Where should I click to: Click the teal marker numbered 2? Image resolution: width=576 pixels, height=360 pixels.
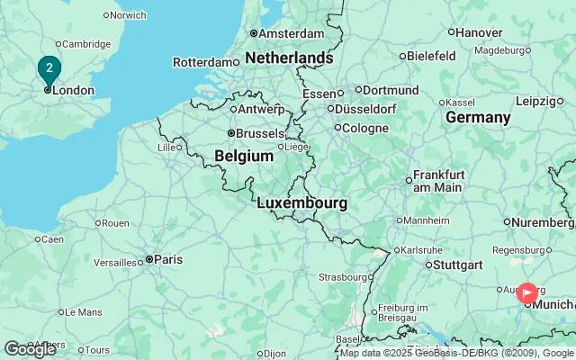coord(49,68)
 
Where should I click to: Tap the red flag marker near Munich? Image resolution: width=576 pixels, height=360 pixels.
coord(527,292)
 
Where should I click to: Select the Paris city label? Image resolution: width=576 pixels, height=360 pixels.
coord(167,259)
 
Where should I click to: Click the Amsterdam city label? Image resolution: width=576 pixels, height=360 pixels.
coord(292,33)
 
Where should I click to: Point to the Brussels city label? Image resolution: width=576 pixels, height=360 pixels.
coord(259,133)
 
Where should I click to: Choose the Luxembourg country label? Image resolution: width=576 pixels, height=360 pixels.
coord(301,203)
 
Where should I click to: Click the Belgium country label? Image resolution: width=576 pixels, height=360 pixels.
coord(243,156)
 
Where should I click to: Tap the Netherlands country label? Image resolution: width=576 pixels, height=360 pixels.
coord(288,58)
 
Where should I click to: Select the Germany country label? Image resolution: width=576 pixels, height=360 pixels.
coord(478,118)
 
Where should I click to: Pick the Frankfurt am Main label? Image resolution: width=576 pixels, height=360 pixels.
coord(438,181)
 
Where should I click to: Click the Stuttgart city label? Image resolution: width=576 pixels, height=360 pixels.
coord(458,265)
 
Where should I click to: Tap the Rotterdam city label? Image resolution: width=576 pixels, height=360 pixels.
coord(203,62)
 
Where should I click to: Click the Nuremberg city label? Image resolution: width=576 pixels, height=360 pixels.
coord(544,221)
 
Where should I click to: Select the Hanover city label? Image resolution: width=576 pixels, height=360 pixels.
coord(479,32)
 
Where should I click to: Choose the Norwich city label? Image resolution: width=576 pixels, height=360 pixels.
coord(128,15)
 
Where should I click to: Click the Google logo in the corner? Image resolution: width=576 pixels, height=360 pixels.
coord(29,349)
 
